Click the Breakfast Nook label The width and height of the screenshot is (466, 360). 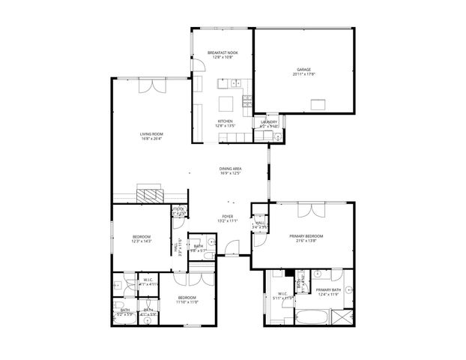point(223,52)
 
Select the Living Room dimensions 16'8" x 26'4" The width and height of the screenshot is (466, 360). point(151,139)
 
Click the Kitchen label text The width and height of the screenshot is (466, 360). point(225,121)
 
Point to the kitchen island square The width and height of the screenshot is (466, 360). point(227,103)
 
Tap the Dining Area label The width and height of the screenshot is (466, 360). point(230,169)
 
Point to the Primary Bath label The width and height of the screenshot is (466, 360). point(327,289)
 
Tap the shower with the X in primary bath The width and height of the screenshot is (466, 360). point(342,316)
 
